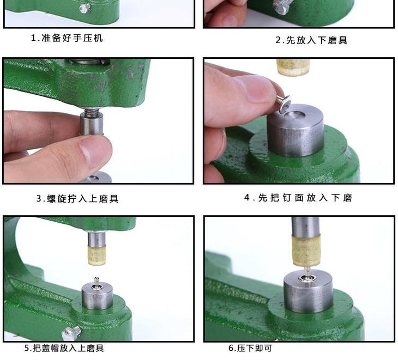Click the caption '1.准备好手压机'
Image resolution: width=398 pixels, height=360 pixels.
(x=67, y=38)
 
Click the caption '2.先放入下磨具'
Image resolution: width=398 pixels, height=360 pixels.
(x=311, y=40)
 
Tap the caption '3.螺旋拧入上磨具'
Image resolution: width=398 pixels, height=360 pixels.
(x=77, y=198)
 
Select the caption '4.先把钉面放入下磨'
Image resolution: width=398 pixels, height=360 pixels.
(x=298, y=198)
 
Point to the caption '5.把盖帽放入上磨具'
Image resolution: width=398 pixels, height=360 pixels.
(x=64, y=348)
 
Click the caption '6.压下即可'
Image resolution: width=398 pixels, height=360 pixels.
(x=250, y=348)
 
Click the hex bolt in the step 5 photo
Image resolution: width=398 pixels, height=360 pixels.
(x=71, y=333)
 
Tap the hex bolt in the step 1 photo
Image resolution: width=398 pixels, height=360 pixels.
(x=85, y=8)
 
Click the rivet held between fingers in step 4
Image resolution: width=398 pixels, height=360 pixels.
(x=284, y=103)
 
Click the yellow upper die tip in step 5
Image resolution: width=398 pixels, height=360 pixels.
(x=97, y=255)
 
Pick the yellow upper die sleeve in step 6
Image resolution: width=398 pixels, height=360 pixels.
(x=306, y=251)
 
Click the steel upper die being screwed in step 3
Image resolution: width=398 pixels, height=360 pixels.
(x=92, y=124)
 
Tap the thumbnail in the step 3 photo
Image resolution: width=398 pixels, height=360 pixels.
(x=96, y=151)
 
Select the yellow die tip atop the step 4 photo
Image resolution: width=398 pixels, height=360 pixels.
(x=293, y=67)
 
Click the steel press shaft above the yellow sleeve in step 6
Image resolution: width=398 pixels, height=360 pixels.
(x=305, y=227)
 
